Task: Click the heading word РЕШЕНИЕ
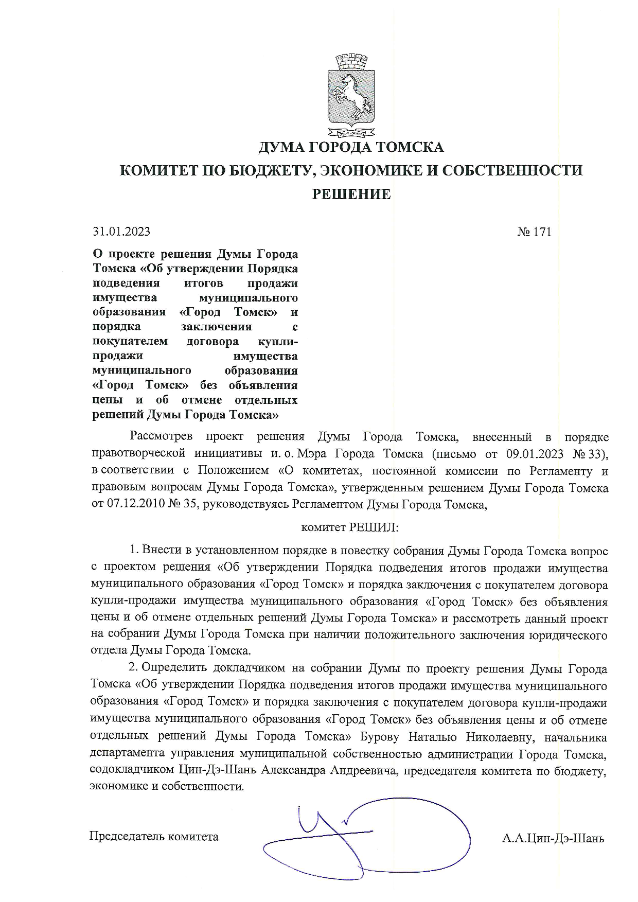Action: (352, 194)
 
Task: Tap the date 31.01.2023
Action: (121, 232)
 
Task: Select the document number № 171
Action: (534, 232)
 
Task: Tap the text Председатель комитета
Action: (154, 836)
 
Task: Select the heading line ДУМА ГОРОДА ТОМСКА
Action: (351, 148)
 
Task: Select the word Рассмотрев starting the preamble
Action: (161, 437)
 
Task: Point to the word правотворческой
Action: (138, 454)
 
